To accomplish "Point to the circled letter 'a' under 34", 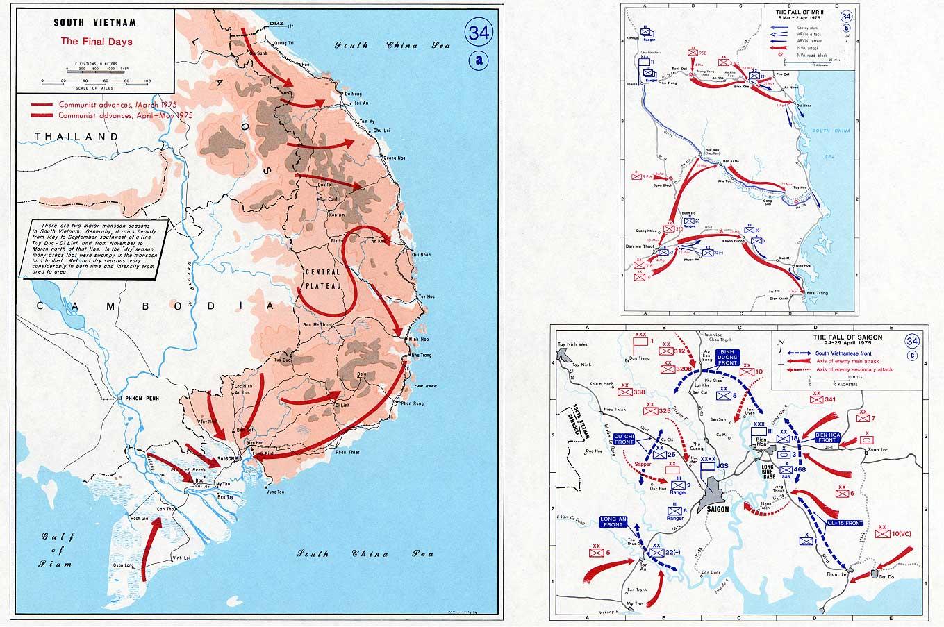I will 478,60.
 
